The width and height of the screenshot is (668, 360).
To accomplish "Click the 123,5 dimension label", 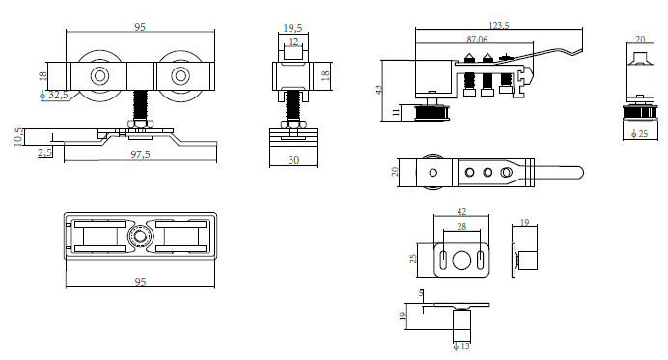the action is (x=498, y=25).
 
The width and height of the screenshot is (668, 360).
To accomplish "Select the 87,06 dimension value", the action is (x=477, y=40).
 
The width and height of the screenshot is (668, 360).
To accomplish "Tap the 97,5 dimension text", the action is (x=140, y=154).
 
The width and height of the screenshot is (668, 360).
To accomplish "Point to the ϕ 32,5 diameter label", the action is (x=54, y=95).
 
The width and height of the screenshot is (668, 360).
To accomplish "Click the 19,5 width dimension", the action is (x=292, y=28).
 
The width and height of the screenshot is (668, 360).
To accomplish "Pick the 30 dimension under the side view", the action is (x=293, y=160).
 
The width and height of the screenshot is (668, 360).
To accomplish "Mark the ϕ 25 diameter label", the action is (x=639, y=134).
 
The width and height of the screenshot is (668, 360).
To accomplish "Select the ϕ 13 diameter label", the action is (x=461, y=346).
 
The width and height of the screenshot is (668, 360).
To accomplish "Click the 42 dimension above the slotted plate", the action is (x=461, y=211).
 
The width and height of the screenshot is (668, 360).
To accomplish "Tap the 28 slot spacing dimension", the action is (x=461, y=226).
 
